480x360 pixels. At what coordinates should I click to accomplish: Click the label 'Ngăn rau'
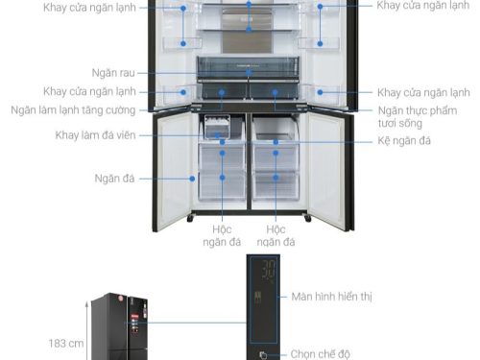[x=113, y=72]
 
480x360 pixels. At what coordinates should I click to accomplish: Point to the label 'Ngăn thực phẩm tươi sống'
[x=422, y=117]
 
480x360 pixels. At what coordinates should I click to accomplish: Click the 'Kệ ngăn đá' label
[x=404, y=141]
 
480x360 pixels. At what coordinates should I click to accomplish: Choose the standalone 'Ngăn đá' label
[x=113, y=178]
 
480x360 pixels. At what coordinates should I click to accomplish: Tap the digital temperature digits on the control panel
[x=269, y=270]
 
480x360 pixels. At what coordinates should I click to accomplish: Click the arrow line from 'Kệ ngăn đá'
[x=326, y=141]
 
